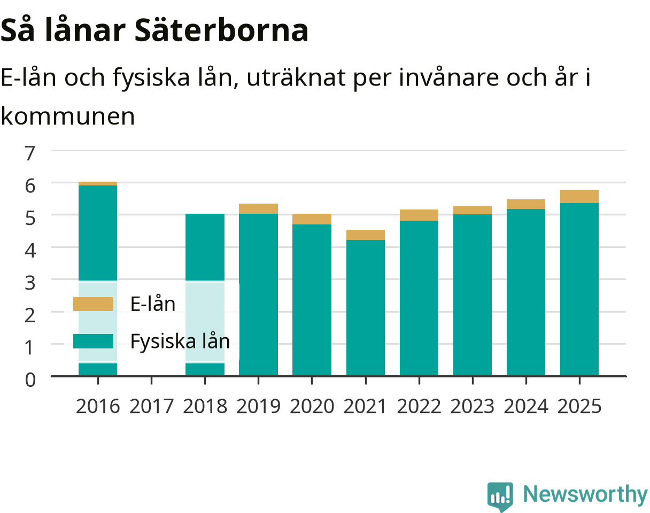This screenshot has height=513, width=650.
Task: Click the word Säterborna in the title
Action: (221, 30)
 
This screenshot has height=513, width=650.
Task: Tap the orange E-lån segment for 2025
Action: (579, 197)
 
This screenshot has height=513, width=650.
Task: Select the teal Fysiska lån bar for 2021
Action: (365, 308)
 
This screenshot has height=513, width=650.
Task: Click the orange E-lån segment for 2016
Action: (98, 184)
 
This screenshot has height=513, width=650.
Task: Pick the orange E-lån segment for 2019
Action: (258, 208)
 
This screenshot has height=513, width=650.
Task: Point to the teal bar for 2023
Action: (472, 294)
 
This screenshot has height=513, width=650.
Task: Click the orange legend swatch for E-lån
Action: (93, 304)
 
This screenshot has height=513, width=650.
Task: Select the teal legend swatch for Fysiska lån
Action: (93, 341)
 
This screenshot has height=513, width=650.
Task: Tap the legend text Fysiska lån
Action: (180, 341)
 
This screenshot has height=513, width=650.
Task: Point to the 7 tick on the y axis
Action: (30, 153)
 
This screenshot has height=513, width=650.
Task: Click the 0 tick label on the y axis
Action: (30, 380)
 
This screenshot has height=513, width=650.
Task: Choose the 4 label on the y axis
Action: (30, 250)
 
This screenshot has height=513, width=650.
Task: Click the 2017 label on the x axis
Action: (151, 407)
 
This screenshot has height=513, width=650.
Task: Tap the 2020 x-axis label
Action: (312, 407)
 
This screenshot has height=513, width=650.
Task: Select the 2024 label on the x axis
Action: (525, 407)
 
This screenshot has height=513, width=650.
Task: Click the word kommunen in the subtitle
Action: (68, 116)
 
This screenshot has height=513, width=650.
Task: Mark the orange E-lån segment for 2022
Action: (419, 215)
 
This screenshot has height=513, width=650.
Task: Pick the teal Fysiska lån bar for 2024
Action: (525, 292)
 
